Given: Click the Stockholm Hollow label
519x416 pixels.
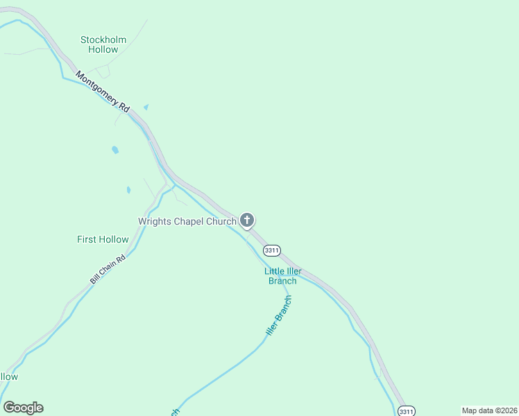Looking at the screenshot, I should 103,44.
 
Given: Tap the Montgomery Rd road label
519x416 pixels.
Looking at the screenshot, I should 103,92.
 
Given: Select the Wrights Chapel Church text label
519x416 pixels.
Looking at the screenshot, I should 187,222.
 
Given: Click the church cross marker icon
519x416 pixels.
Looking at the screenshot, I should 246,220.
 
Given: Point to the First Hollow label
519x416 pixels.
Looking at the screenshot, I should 103,239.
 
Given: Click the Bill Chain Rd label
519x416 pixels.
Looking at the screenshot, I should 108,270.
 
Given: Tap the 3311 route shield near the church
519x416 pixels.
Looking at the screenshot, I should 271,250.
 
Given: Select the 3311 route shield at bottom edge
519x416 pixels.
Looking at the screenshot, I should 407,411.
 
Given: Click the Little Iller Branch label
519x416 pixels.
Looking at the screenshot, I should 282,276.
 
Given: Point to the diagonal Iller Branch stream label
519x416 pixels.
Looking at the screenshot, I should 280,316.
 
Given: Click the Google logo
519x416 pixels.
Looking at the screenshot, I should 23,408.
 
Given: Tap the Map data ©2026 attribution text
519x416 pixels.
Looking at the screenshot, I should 489,410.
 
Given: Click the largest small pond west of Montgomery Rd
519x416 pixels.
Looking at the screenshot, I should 114,150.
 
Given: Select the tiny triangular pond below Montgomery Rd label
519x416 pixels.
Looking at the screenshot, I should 146,107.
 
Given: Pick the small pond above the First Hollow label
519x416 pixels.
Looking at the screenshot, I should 128,190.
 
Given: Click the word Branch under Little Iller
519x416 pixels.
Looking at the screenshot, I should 282,281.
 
